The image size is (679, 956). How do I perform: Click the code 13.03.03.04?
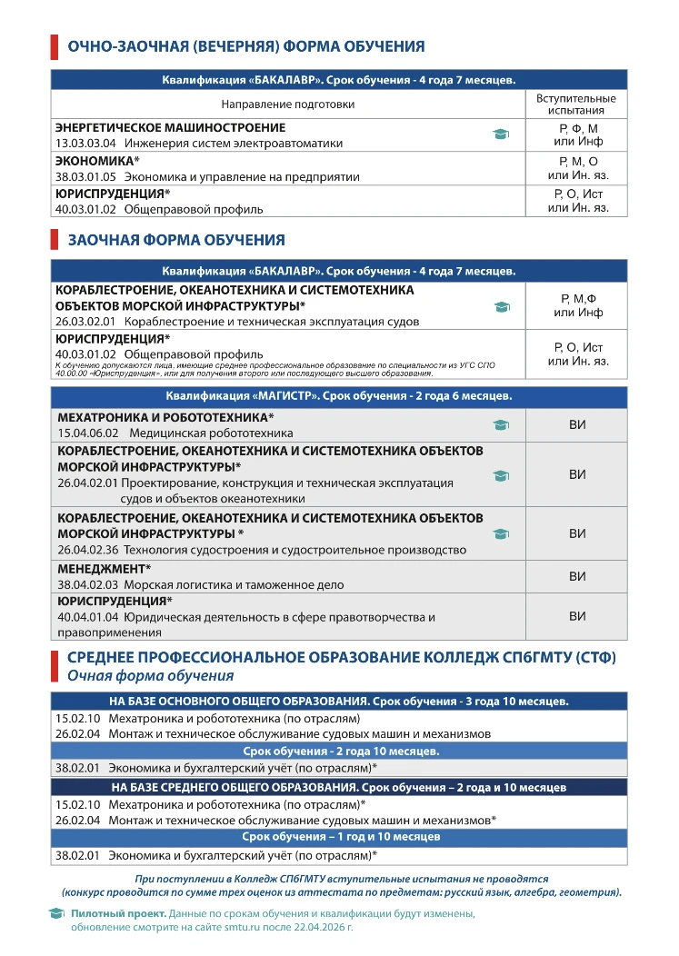tap(86, 144)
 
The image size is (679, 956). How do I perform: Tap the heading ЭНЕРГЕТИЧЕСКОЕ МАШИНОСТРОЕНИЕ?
tap(170, 128)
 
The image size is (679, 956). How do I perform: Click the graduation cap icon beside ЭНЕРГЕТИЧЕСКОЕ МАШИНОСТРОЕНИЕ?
tap(501, 134)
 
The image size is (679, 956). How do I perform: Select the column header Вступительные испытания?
tap(576, 104)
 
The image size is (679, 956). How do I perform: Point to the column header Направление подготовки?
tap(287, 105)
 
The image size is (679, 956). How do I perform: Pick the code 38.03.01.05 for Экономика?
tap(86, 176)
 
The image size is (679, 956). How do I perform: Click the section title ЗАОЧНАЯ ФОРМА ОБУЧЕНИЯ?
tap(176, 240)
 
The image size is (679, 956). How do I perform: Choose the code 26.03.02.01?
tap(86, 322)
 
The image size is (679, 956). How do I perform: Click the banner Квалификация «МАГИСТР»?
tap(338, 396)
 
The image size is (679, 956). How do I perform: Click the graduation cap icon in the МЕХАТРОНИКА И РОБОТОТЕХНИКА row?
tap(501, 424)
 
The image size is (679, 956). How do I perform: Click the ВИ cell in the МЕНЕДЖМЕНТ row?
tap(577, 576)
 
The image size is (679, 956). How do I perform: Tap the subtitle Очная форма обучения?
tap(150, 676)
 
